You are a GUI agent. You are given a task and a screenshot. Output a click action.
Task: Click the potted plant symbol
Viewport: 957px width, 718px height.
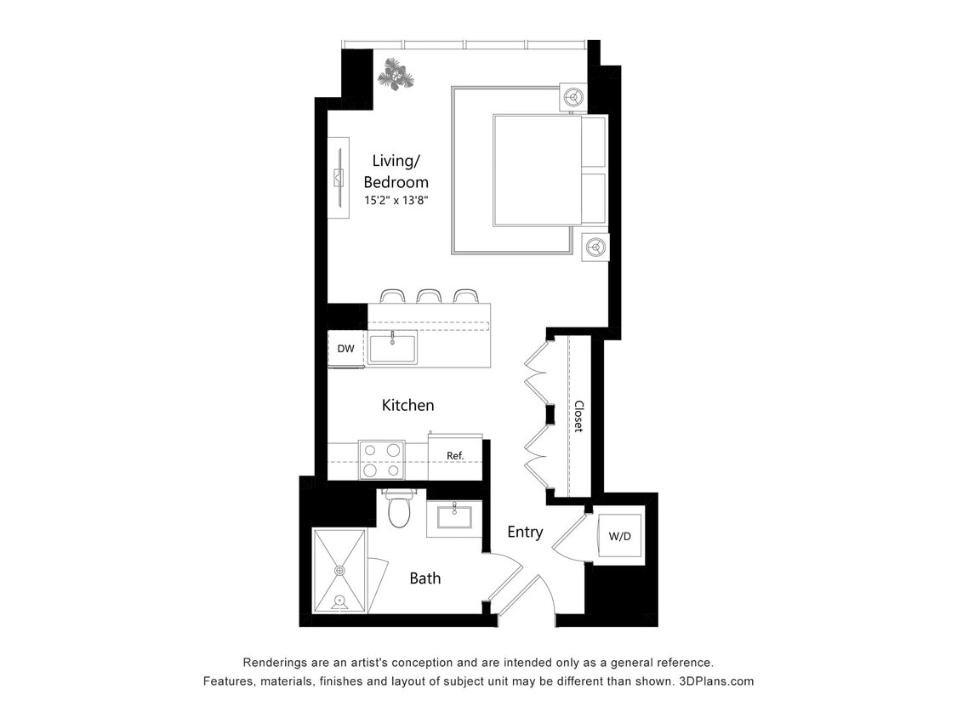[x=396, y=74]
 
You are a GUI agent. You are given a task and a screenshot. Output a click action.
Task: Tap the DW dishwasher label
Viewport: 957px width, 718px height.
[x=345, y=349]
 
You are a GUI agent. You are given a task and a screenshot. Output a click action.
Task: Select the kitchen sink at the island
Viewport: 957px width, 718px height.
[x=392, y=348]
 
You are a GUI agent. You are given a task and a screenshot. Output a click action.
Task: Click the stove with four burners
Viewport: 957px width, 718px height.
[x=381, y=459]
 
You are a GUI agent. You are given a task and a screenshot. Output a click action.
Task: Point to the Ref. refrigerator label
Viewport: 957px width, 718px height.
[x=455, y=456]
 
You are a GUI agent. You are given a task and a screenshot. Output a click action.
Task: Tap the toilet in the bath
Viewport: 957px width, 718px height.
[x=399, y=508]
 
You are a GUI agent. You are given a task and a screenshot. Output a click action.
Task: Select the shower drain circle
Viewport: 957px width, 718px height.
[x=339, y=571]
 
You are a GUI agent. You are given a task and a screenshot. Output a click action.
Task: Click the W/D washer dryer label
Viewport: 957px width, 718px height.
[x=619, y=537]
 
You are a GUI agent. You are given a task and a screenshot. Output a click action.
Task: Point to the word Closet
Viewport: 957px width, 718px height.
[x=578, y=416]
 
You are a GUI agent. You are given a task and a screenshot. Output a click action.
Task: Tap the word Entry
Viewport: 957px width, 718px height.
[x=525, y=532]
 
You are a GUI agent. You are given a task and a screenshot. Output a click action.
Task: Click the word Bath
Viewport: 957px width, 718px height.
[x=425, y=578]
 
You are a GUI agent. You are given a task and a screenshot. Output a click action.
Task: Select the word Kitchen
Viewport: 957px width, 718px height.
[x=408, y=406]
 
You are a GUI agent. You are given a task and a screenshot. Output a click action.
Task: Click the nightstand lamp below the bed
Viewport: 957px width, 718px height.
[x=595, y=248]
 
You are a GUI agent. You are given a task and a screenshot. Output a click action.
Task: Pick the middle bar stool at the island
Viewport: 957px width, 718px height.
[x=429, y=296]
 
